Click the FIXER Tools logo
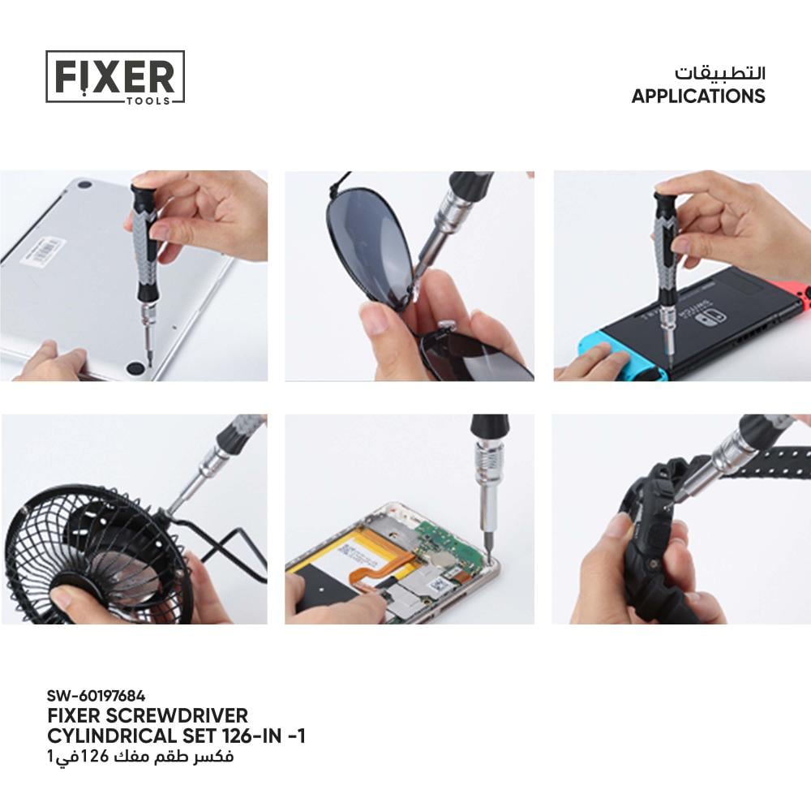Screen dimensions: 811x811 (x=115, y=77)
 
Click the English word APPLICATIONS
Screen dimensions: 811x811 (x=697, y=97)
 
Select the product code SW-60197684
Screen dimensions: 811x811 (x=96, y=696)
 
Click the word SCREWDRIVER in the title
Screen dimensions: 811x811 (x=177, y=716)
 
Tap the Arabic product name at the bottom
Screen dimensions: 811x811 (x=140, y=757)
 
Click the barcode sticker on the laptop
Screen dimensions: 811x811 (x=44, y=253)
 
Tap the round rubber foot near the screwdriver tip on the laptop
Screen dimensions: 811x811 (x=136, y=367)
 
